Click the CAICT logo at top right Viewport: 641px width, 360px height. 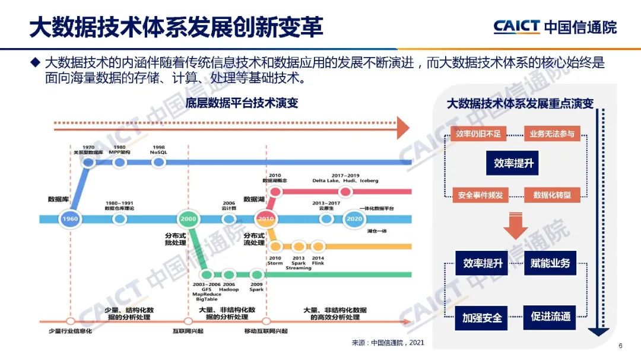pyautogui.click(x=554, y=27)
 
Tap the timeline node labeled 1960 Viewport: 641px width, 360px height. pyautogui.click(x=69, y=219)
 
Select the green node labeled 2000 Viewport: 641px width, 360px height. pyautogui.click(x=188, y=219)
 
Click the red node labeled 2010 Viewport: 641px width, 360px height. pyautogui.click(x=265, y=219)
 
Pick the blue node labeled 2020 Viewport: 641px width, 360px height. pyautogui.click(x=354, y=219)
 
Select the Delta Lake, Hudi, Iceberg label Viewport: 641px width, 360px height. pyautogui.click(x=345, y=179)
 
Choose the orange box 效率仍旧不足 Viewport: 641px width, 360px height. pyautogui.click(x=478, y=134)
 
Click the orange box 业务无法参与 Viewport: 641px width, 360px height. pyautogui.click(x=552, y=134)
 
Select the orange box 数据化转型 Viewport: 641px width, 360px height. pyautogui.click(x=552, y=195)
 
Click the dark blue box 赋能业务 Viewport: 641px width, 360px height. pyautogui.click(x=550, y=263)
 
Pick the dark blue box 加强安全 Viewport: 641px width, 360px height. pyautogui.click(x=482, y=317)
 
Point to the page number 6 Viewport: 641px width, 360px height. pyautogui.click(x=620, y=347)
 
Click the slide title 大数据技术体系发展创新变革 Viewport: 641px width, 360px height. pyautogui.click(x=176, y=27)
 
